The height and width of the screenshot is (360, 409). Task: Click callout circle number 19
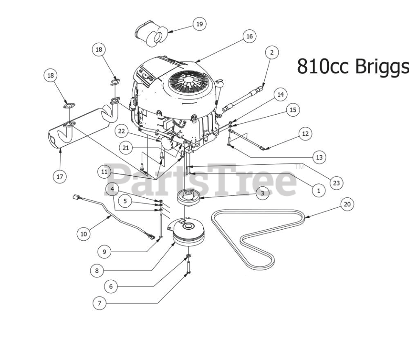[x=199, y=24]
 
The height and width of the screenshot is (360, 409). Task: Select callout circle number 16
[x=249, y=36]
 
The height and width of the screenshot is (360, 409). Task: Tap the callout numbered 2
[x=272, y=53]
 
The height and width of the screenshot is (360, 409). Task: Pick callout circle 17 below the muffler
[x=60, y=177]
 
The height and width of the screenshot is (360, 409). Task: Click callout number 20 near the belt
[x=347, y=204]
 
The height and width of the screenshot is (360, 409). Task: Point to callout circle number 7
[x=99, y=303]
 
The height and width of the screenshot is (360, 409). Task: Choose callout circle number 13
[x=319, y=157]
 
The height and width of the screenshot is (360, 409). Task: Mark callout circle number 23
[x=336, y=183]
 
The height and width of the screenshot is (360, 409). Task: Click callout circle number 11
[x=104, y=172]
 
